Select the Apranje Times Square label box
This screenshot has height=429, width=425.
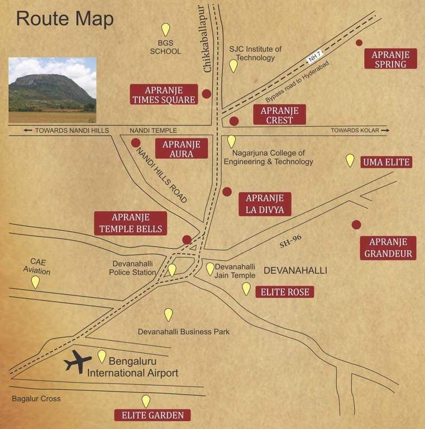click(164, 94)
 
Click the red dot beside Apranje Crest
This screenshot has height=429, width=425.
click(234, 121)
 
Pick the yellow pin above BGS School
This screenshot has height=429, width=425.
click(165, 30)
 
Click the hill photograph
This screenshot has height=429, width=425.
click(52, 90)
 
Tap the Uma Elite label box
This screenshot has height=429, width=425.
click(386, 163)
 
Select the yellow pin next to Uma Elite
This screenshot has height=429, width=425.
click(350, 160)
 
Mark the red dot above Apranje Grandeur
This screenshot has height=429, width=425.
click(356, 225)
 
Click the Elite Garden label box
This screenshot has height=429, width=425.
click(152, 415)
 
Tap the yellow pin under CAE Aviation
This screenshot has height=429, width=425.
click(35, 282)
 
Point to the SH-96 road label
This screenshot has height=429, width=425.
click(290, 241)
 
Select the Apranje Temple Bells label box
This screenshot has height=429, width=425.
click(130, 223)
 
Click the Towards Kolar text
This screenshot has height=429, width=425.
click(355, 130)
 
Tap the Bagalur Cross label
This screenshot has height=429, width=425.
click(36, 399)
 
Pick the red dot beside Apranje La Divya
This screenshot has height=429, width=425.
click(227, 192)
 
